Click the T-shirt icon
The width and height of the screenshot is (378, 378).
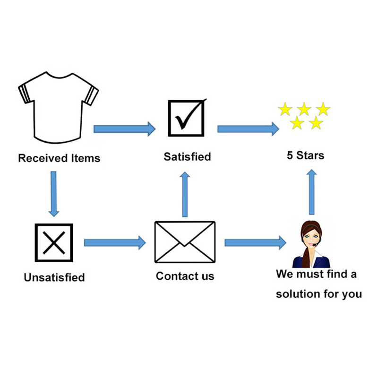58,108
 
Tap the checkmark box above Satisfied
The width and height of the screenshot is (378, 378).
187,118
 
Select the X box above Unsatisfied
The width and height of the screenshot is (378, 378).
54,243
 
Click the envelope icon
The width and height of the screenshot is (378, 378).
185,242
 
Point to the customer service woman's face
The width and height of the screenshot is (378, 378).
312,238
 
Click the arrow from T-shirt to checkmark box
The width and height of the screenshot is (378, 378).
124,129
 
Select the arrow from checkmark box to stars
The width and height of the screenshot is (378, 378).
249,129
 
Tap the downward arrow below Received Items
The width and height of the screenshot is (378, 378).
54,194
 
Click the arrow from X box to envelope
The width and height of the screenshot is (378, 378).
115,243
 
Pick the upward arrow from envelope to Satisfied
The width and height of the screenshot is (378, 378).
185,194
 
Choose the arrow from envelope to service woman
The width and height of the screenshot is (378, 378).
256,243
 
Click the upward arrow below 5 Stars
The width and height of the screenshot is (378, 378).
312,192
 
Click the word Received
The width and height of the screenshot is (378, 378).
43,158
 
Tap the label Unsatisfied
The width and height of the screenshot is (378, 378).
54,277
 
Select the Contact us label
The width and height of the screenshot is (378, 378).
185,276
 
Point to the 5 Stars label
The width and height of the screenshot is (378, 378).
305,155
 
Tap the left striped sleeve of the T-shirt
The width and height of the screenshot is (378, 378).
25,93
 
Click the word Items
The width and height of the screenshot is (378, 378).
86,158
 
